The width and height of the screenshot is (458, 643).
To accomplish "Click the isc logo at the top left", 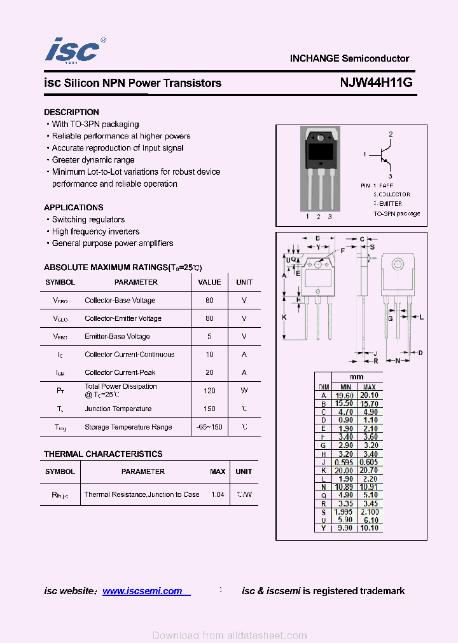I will (x=73, y=50).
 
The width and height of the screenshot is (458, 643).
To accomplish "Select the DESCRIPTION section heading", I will (x=71, y=112).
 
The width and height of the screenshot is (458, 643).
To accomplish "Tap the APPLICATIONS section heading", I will (x=73, y=208).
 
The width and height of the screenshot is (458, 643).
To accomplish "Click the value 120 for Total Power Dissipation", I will (x=209, y=391).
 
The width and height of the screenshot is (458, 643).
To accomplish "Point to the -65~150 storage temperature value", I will (x=209, y=427).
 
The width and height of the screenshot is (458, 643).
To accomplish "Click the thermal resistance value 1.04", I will (x=218, y=494).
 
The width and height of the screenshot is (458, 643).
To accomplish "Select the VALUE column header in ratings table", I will (x=209, y=282).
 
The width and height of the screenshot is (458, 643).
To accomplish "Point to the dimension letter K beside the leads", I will (x=284, y=317).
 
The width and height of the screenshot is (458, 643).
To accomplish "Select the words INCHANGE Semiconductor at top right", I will (x=349, y=58).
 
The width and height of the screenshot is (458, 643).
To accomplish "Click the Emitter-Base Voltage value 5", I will (x=209, y=337).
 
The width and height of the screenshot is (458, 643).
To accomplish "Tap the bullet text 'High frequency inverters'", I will (x=95, y=231).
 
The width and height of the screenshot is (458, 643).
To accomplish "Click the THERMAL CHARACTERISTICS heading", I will (x=103, y=454).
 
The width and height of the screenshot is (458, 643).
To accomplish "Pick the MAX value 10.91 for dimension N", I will (x=369, y=487).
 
